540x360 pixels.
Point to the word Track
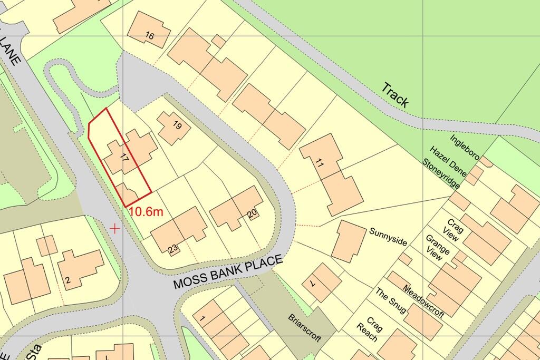(396, 95)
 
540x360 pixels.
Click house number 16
(150, 36)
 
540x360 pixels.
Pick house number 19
(177, 125)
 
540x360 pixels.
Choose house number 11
(320, 163)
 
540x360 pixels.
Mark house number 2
(67, 280)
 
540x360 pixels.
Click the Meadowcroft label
(423, 301)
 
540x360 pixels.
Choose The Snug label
(391, 302)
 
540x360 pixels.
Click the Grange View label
(438, 248)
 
